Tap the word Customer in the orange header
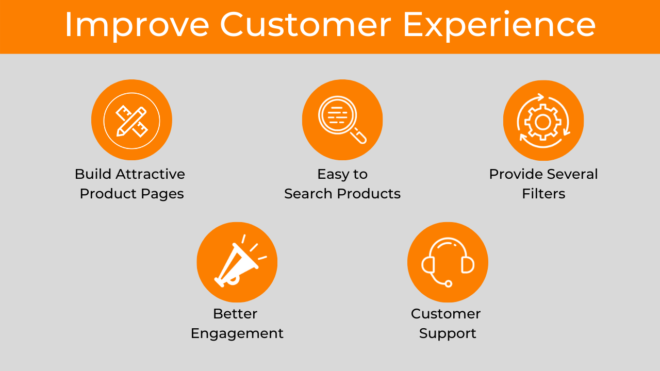pos(306,24)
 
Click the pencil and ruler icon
pos(131,121)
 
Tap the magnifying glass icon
pos(342,120)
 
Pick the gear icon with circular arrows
pos(543,121)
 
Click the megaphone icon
pos(240,261)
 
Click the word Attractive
pos(150,174)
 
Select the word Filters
pos(543,194)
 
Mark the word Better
pos(235,314)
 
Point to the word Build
pos(93,174)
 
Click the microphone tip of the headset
pos(448,284)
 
